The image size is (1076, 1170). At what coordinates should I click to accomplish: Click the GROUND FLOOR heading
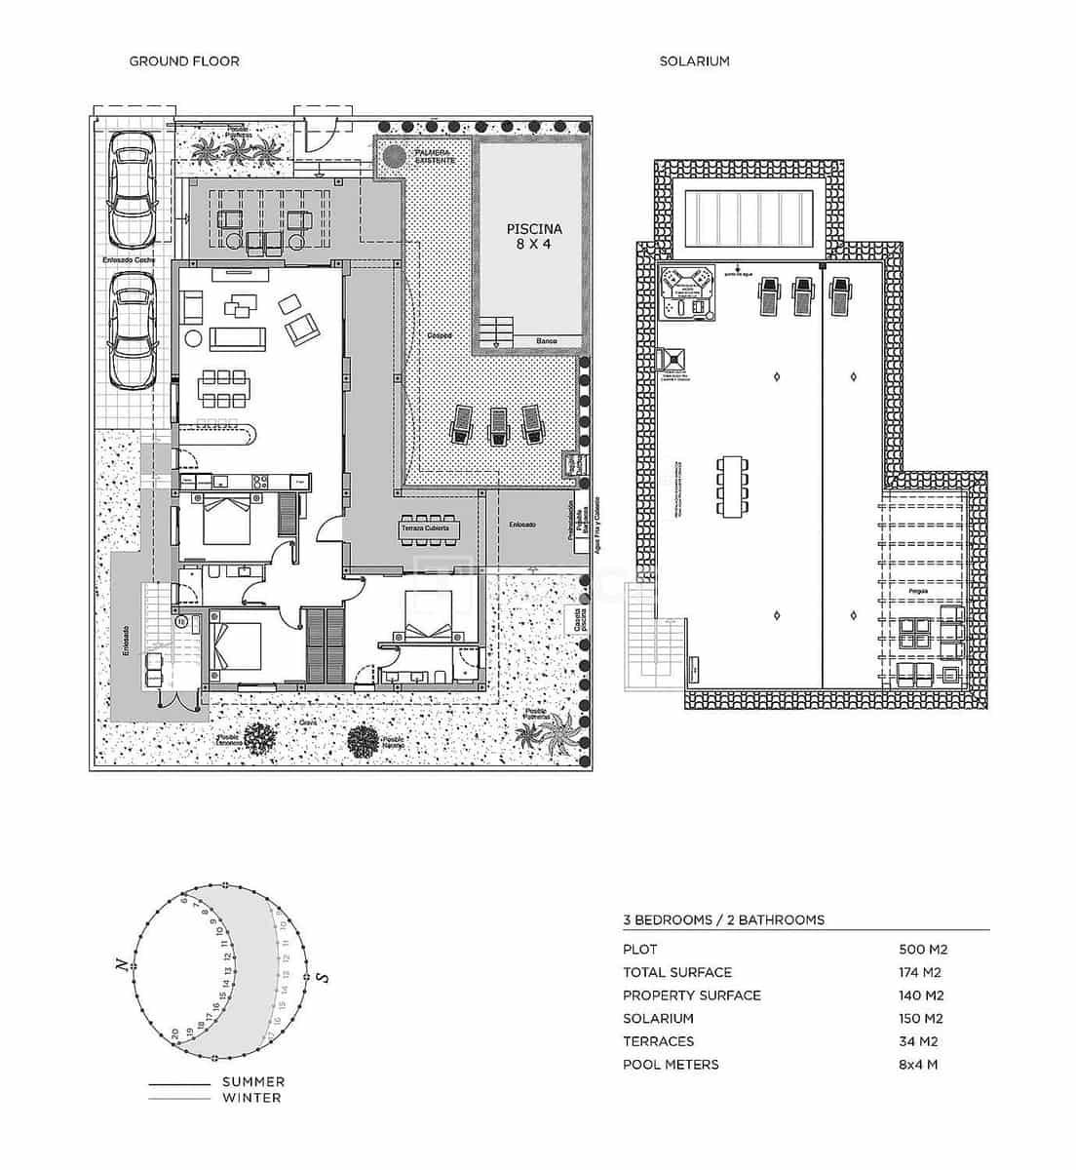(184, 61)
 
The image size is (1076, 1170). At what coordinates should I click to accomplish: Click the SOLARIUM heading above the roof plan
(694, 61)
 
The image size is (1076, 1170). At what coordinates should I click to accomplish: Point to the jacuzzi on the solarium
(687, 291)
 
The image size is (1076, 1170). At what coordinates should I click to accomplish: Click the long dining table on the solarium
(731, 485)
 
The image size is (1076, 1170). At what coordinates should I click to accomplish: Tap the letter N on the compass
(121, 966)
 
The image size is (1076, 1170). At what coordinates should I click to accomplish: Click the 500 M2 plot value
(922, 949)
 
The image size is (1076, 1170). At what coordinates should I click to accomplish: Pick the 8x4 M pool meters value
(918, 1065)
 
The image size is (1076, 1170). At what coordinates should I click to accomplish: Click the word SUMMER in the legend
(253, 1081)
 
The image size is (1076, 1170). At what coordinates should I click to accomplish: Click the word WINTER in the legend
(251, 1098)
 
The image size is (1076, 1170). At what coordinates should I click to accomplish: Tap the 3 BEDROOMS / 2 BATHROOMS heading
(723, 919)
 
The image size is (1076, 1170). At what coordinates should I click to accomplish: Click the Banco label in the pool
(547, 341)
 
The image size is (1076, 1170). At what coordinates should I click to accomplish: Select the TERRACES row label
(658, 1041)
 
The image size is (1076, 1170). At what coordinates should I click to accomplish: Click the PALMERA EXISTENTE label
(434, 156)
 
